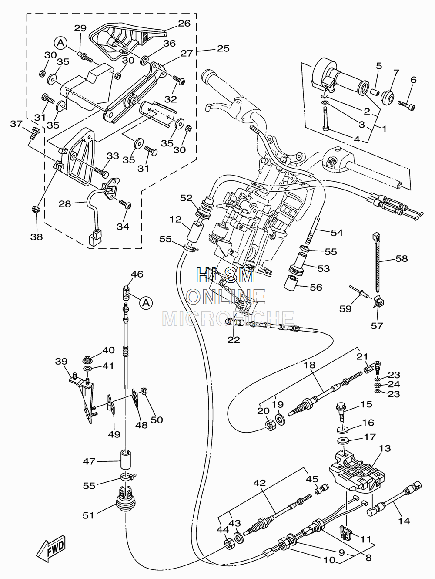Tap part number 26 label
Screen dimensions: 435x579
point(184,24)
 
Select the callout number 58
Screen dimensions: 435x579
point(402,258)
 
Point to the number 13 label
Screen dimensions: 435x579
point(385,448)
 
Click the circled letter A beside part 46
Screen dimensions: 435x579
point(146,303)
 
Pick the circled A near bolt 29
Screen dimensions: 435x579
point(61,43)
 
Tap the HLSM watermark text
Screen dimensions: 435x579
point(226,275)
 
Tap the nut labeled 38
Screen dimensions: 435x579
point(35,210)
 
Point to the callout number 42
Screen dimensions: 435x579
point(260,482)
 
